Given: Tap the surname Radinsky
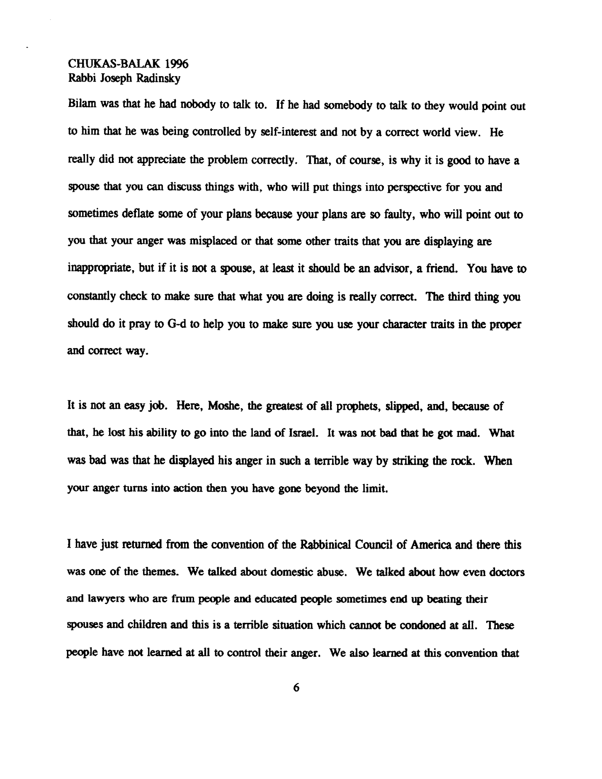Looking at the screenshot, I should point(158,79).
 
